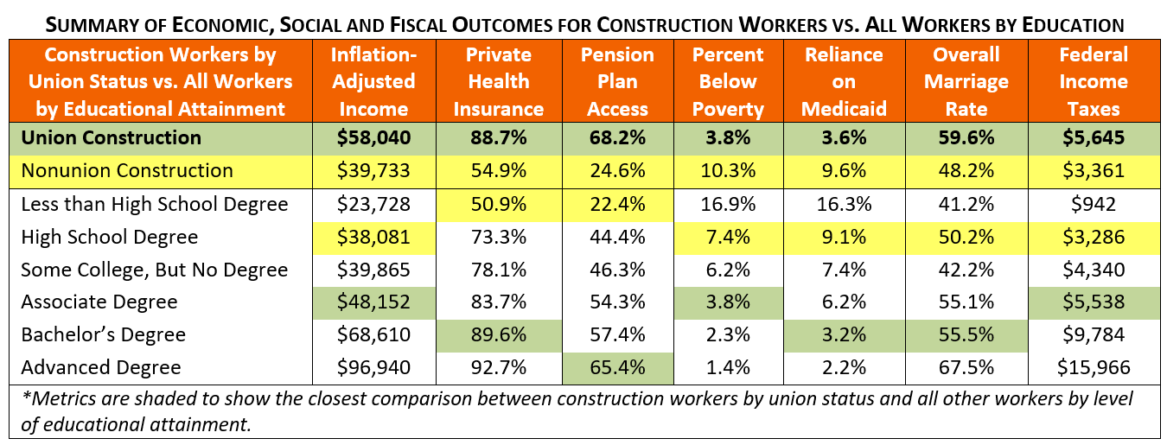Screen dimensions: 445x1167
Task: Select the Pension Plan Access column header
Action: pyautogui.click(x=616, y=82)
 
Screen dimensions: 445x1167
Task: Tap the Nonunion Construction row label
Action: pyautogui.click(x=127, y=170)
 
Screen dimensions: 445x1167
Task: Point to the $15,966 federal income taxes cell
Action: pyautogui.click(x=1093, y=367)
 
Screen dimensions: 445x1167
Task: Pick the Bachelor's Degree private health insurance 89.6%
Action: pyautogui.click(x=498, y=334)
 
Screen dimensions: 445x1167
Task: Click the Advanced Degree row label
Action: pyautogui.click(x=101, y=367)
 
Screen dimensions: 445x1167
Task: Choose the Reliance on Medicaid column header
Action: pyautogui.click(x=844, y=82)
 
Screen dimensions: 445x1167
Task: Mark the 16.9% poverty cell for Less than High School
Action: pyautogui.click(x=728, y=205)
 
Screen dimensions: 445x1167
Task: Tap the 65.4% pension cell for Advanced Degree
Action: pyautogui.click(x=616, y=367)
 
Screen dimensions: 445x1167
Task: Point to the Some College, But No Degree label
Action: pyautogui.click(x=154, y=270)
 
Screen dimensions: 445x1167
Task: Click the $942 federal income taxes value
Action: pyautogui.click(x=1093, y=205)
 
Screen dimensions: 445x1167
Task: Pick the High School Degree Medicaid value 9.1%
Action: pyautogui.click(x=844, y=237)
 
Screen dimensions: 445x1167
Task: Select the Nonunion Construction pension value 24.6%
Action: pyautogui.click(x=616, y=170)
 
